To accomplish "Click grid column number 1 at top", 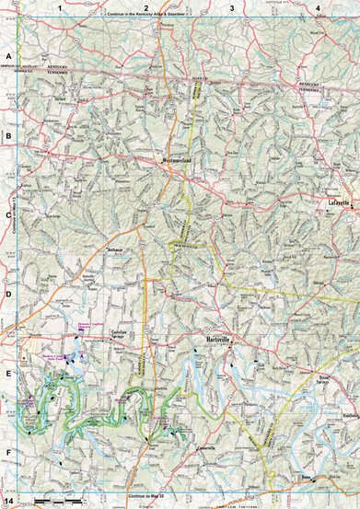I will (58, 7).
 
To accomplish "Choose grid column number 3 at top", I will (231, 7).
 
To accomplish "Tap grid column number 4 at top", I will (317, 7).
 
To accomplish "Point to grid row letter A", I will (7, 57).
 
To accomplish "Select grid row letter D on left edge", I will (7, 295).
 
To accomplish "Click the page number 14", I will (8, 501).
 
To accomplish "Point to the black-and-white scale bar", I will (55, 503).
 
